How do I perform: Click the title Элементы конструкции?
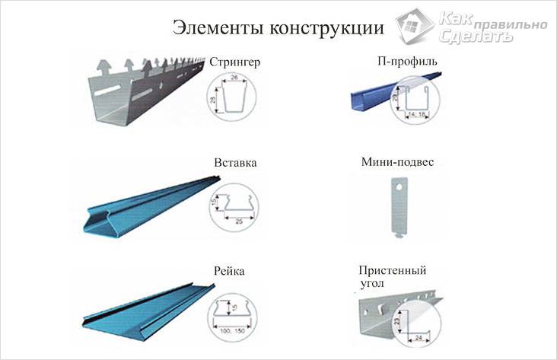tap(278, 28)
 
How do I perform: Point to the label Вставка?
tap(235, 162)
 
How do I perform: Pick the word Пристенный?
tap(392, 270)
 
